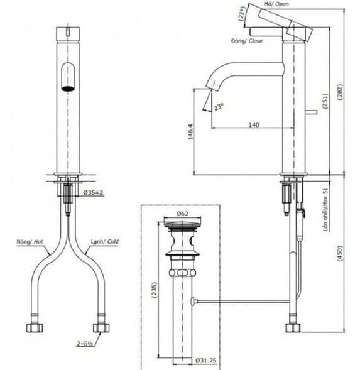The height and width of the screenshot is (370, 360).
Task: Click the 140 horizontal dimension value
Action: [253, 125]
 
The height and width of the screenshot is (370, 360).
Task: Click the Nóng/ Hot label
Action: [30, 241]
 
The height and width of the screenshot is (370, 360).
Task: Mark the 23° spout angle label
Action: [219, 107]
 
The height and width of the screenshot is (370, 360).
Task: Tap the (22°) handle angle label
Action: [241, 14]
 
